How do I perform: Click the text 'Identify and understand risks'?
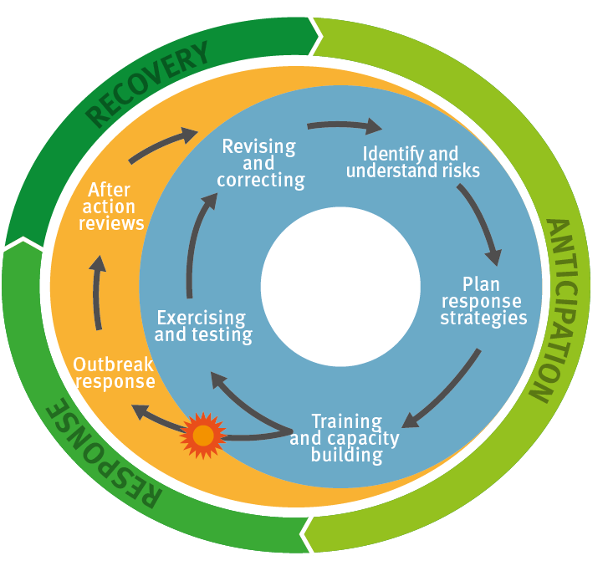[411, 163]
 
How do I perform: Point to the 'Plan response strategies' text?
[483, 301]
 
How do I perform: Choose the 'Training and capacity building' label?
[345, 439]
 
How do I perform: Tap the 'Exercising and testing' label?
[202, 327]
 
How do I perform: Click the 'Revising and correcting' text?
[259, 163]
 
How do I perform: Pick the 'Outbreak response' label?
[114, 373]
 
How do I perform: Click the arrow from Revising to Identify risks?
[343, 126]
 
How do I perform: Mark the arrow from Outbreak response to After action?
[98, 293]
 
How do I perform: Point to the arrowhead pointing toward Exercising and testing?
[219, 381]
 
